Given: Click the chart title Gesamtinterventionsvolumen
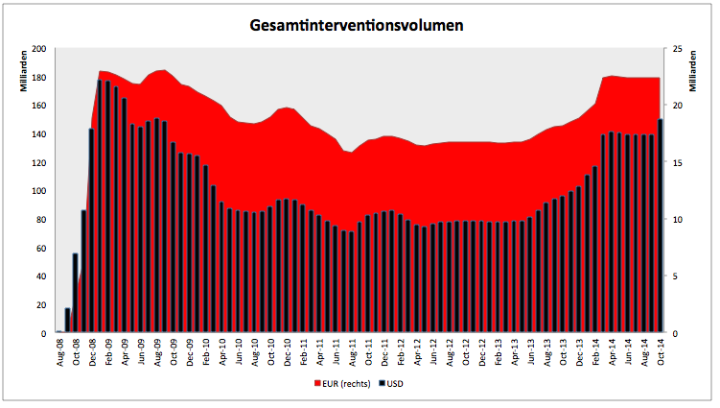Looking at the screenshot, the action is click(x=357, y=25).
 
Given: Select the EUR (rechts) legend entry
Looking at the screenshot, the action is click(x=342, y=384).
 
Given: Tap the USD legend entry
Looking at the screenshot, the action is click(x=391, y=384).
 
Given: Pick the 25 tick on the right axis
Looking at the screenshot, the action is click(x=678, y=48).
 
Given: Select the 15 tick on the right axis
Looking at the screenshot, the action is click(x=678, y=163).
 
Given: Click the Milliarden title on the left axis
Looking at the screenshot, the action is click(x=24, y=71).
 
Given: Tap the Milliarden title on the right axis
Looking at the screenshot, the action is click(x=692, y=71).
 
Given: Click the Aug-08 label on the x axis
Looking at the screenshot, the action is click(x=60, y=352).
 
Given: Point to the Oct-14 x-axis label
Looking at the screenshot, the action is click(x=661, y=352).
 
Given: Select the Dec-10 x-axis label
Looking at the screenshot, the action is click(x=288, y=352).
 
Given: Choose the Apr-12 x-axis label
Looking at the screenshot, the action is click(x=417, y=352).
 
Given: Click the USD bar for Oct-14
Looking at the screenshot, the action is click(x=661, y=226).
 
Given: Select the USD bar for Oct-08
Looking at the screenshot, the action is click(x=76, y=293).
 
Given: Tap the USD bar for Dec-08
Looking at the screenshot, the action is click(x=91, y=230).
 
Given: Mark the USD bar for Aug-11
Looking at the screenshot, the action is click(x=352, y=282).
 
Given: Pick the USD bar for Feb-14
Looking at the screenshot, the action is click(x=595, y=250).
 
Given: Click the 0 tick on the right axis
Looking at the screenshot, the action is click(x=675, y=333).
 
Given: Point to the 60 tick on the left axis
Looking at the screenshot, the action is click(x=41, y=248).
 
